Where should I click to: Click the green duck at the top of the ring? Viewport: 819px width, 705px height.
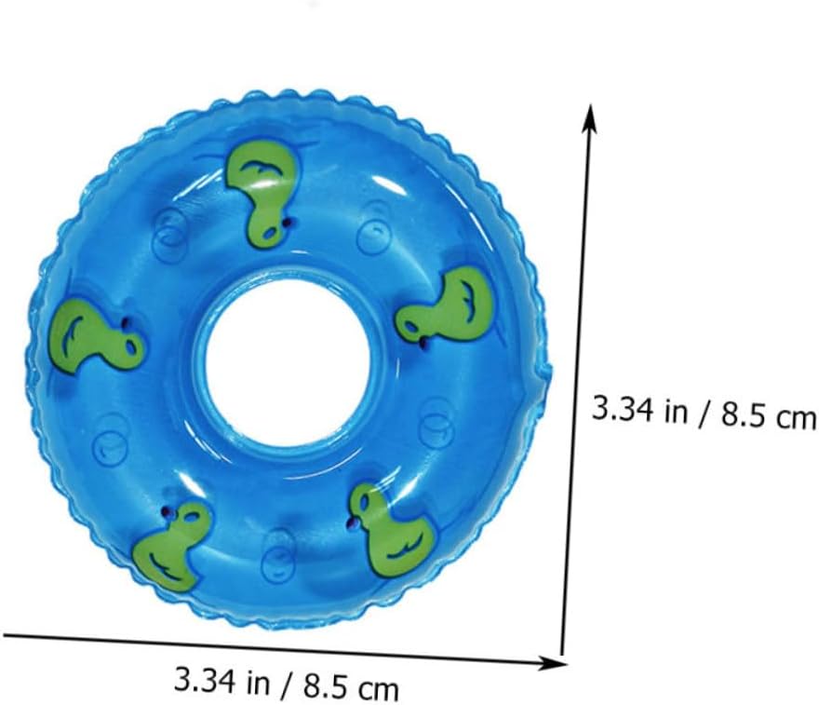click(263, 191)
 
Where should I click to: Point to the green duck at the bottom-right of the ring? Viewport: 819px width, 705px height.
click(392, 528)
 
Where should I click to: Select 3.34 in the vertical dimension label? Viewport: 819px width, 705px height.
click(622, 409)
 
